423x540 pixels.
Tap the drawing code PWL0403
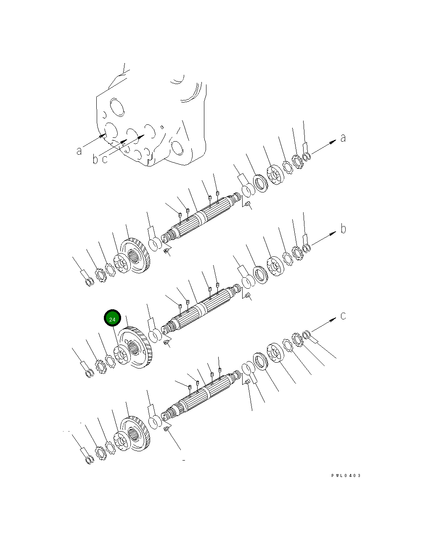pyautogui.click(x=346, y=475)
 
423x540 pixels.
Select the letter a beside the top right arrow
pyautogui.click(x=343, y=138)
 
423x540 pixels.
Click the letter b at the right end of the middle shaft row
pyautogui.click(x=343, y=229)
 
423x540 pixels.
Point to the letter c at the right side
pyautogui.click(x=343, y=316)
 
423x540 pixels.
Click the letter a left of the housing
pyautogui.click(x=79, y=151)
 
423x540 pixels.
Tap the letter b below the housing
pyautogui.click(x=95, y=159)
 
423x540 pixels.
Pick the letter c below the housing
pyautogui.click(x=105, y=159)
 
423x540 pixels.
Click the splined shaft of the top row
pyautogui.click(x=201, y=217)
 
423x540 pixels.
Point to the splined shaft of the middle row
pyautogui.click(x=201, y=309)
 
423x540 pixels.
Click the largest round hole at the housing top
pyautogui.click(x=117, y=107)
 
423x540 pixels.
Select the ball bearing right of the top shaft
pyautogui.click(x=275, y=175)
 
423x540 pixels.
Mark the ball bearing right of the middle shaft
pyautogui.click(x=275, y=266)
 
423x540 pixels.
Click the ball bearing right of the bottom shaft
pyautogui.click(x=275, y=353)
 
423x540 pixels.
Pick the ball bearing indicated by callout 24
pyautogui.click(x=122, y=354)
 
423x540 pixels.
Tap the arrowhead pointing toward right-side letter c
pyautogui.click(x=333, y=321)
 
